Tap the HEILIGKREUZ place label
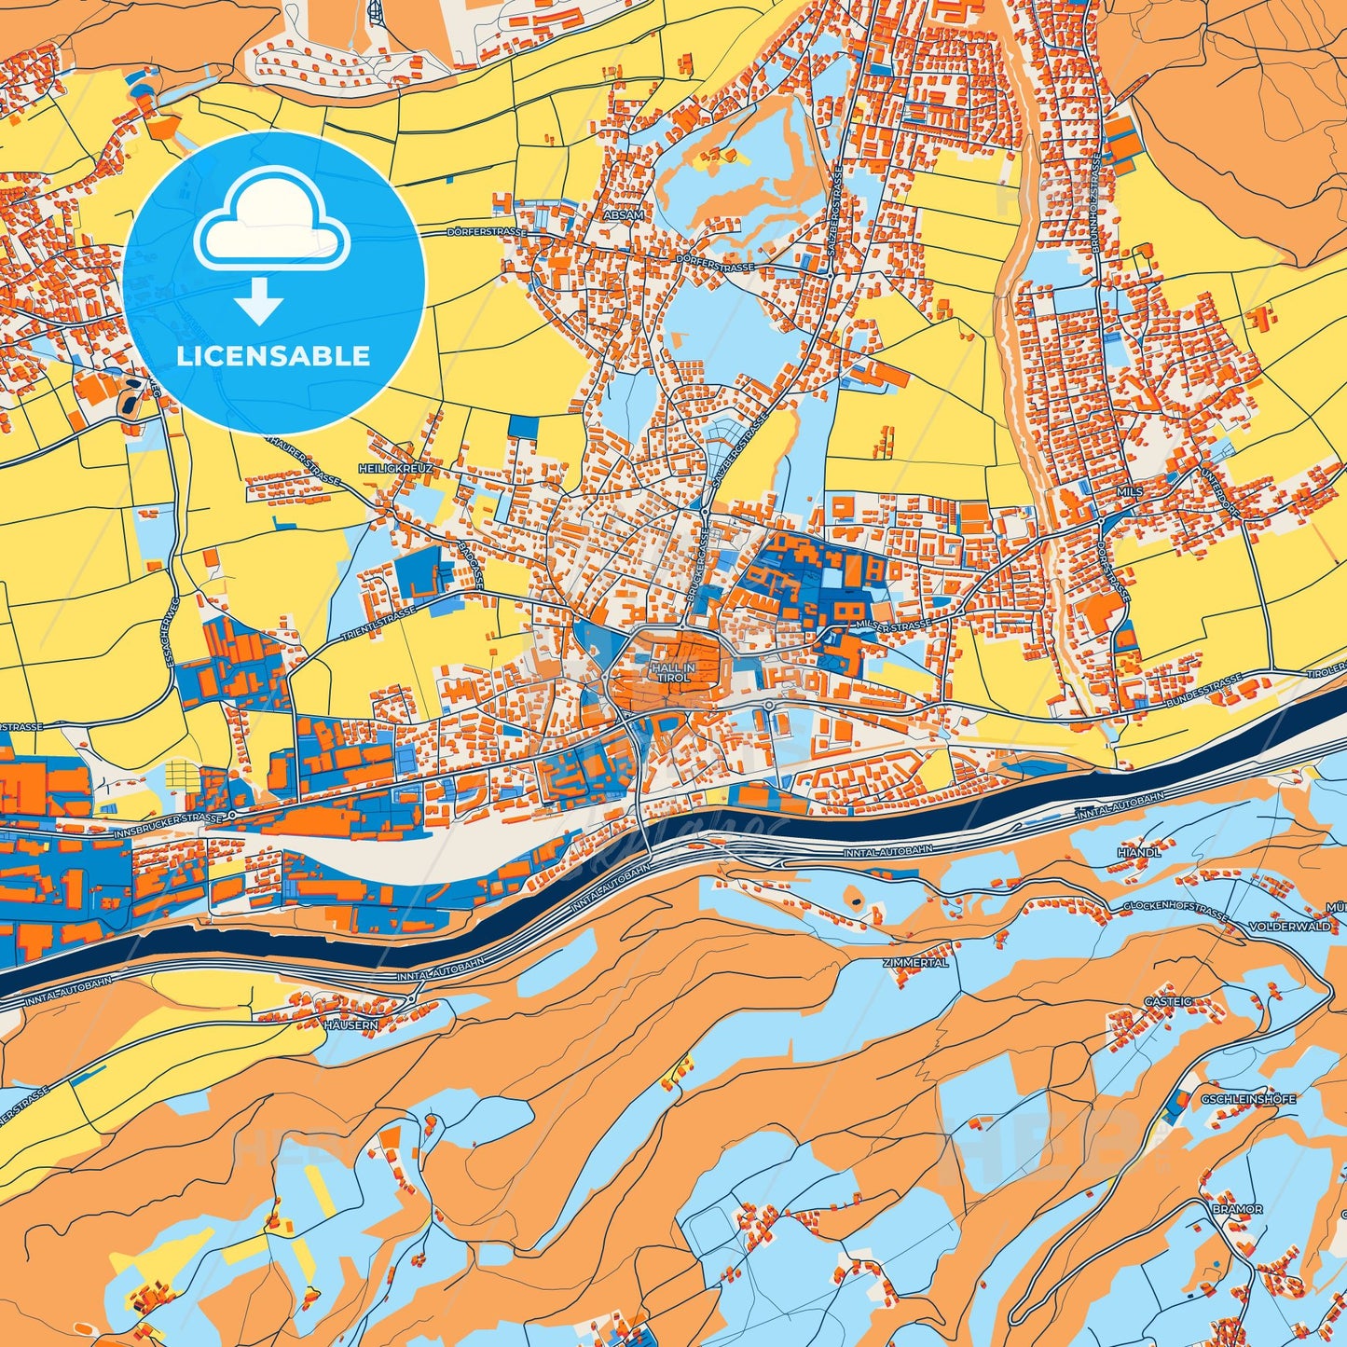(x=395, y=469)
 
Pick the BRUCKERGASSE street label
(x=694, y=572)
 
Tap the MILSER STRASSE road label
(x=893, y=625)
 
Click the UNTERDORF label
(x=1220, y=464)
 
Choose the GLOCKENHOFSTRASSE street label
(x=1175, y=911)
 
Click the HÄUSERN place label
(x=351, y=1024)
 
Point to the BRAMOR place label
(x=1238, y=1209)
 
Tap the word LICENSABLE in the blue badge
(x=274, y=355)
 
